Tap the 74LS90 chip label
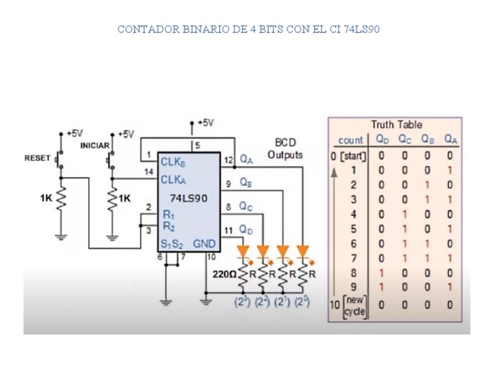pyautogui.click(x=188, y=198)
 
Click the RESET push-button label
pyautogui.click(x=37, y=158)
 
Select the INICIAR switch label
pyautogui.click(x=94, y=146)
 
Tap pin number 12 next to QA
pyautogui.click(x=228, y=159)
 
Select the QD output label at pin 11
pyautogui.click(x=246, y=229)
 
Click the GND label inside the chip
pyautogui.click(x=204, y=244)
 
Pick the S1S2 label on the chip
pyautogui.click(x=172, y=244)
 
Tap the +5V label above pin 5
pyautogui.click(x=205, y=122)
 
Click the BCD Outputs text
pyautogui.click(x=285, y=148)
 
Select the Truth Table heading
pyautogui.click(x=396, y=124)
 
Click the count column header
pyautogui.click(x=351, y=140)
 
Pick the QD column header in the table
pyautogui.click(x=382, y=139)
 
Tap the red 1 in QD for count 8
pyautogui.click(x=381, y=273)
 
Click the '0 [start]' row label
pyautogui.click(x=349, y=156)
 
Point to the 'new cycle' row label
pyautogui.click(x=354, y=305)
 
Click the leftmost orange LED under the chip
pyautogui.click(x=243, y=250)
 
